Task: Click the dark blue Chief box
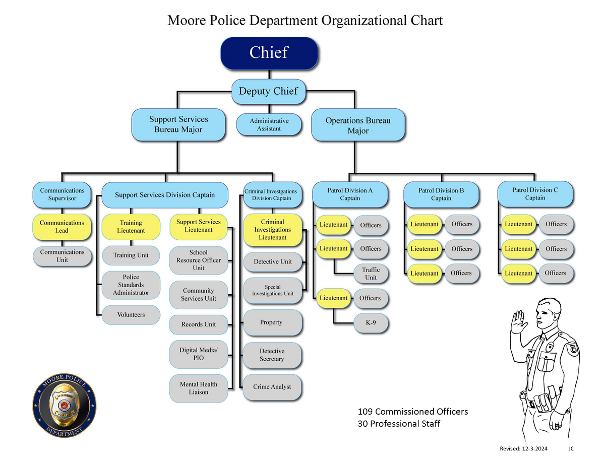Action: point(269,53)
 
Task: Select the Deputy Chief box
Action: point(268,92)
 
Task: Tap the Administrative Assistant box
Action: point(269,125)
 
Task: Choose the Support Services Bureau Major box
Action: point(178,124)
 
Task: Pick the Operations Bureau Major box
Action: point(358,125)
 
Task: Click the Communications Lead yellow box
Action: point(62,227)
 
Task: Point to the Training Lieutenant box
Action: point(131,227)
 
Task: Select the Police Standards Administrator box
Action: point(131,285)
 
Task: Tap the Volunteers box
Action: point(131,315)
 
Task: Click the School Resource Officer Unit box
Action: point(199,260)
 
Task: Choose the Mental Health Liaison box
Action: point(199,388)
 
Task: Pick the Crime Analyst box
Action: point(272,387)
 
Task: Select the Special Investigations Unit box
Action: point(272,291)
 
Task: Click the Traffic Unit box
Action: point(371,274)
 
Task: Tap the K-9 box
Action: point(371,323)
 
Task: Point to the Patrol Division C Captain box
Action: point(535,194)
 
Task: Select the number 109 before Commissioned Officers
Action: point(365,412)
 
